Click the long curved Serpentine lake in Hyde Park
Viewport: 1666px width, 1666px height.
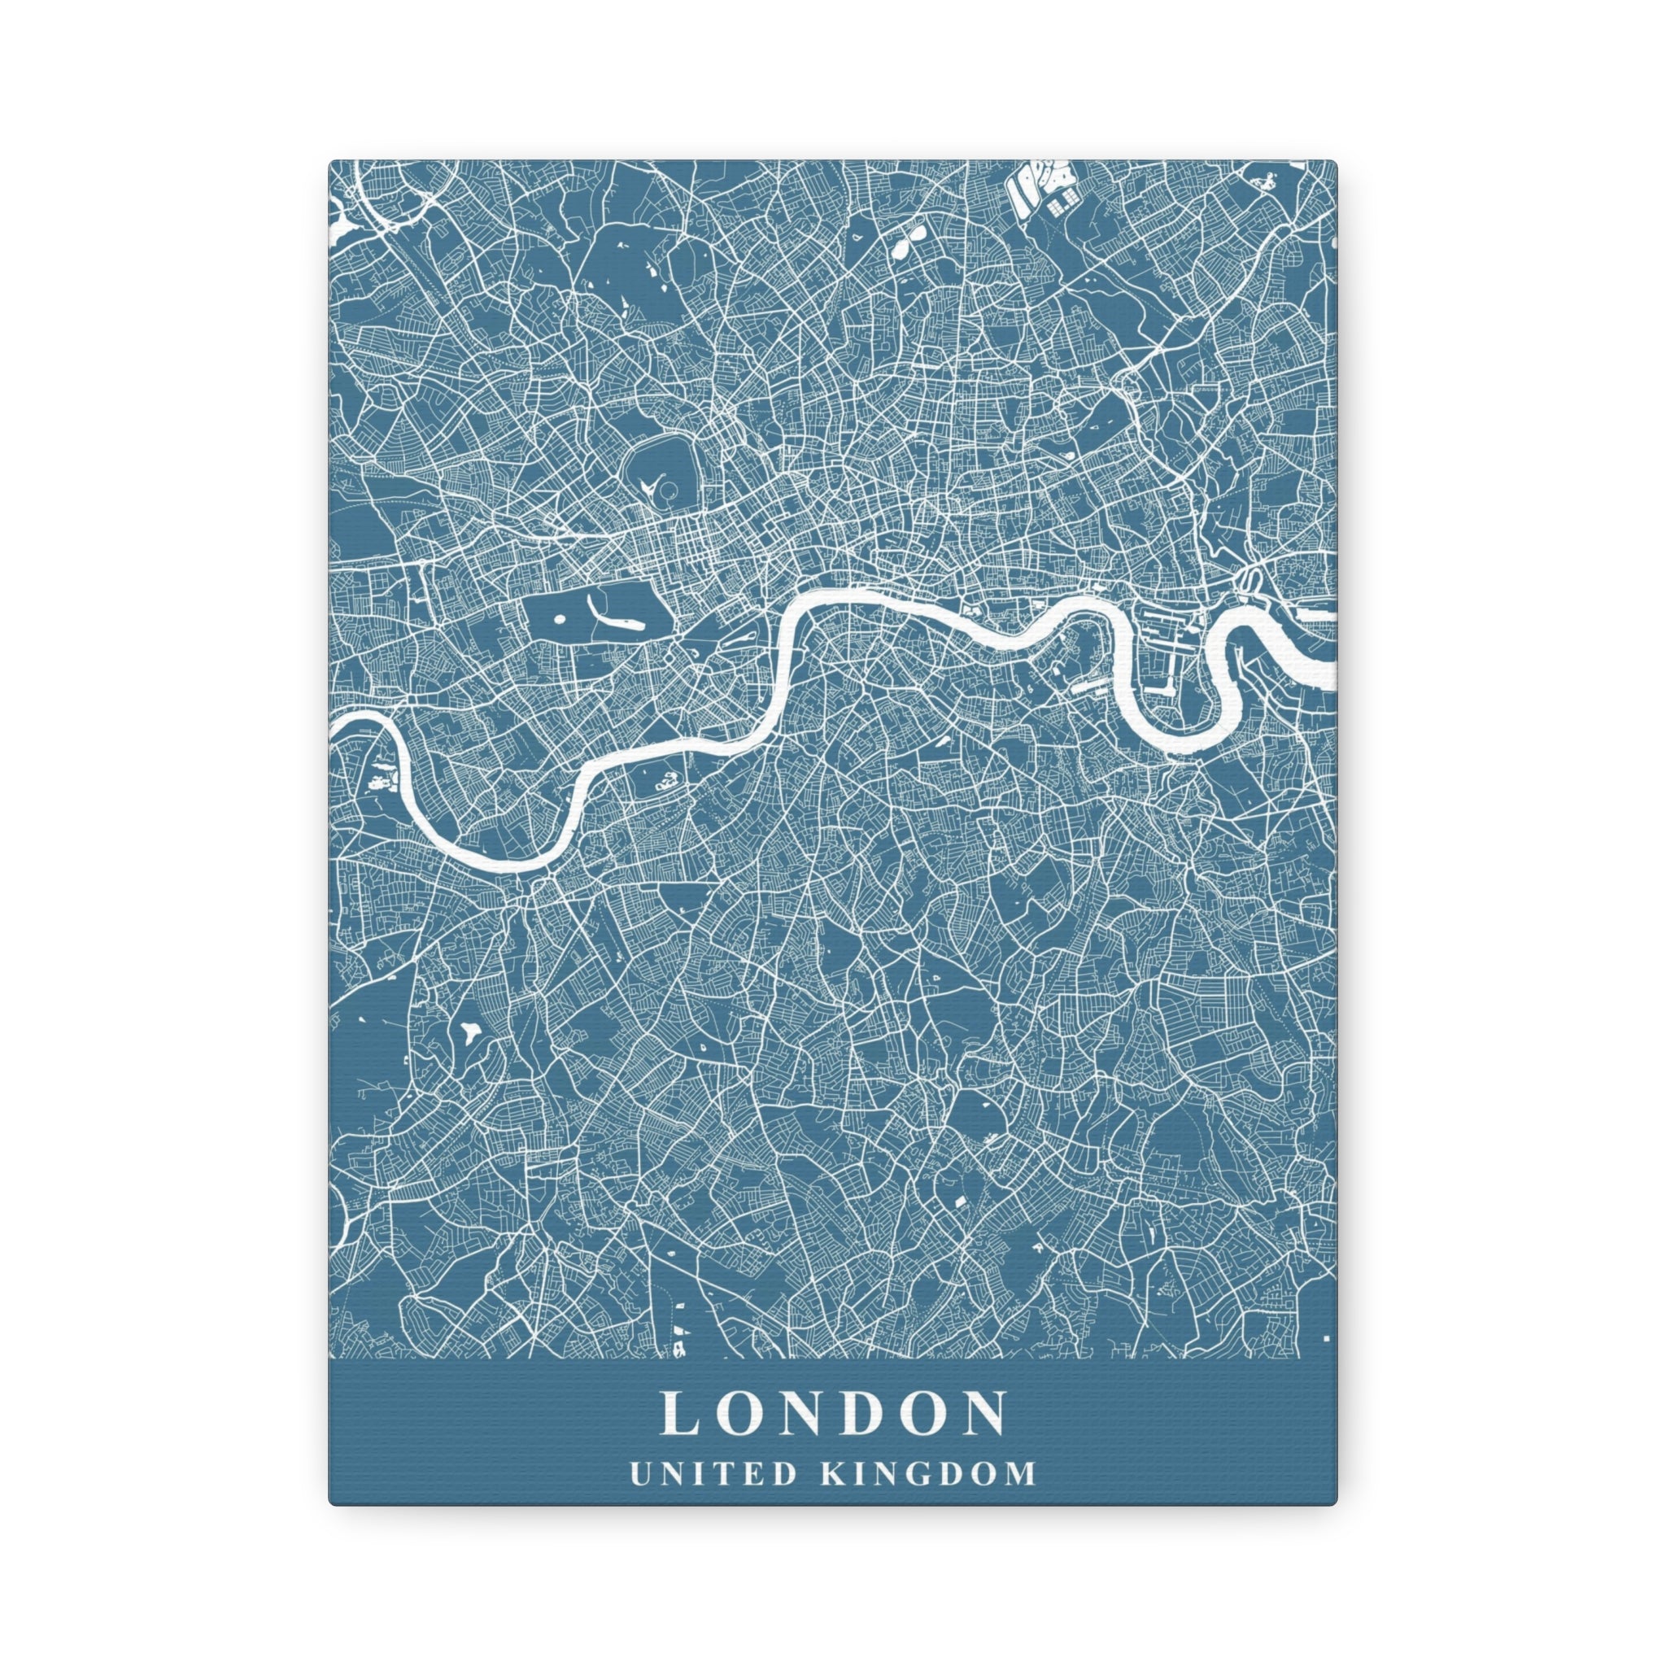tap(614, 617)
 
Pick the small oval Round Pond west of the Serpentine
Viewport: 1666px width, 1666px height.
tap(558, 618)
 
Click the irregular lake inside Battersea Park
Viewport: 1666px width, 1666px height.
tap(665, 780)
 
